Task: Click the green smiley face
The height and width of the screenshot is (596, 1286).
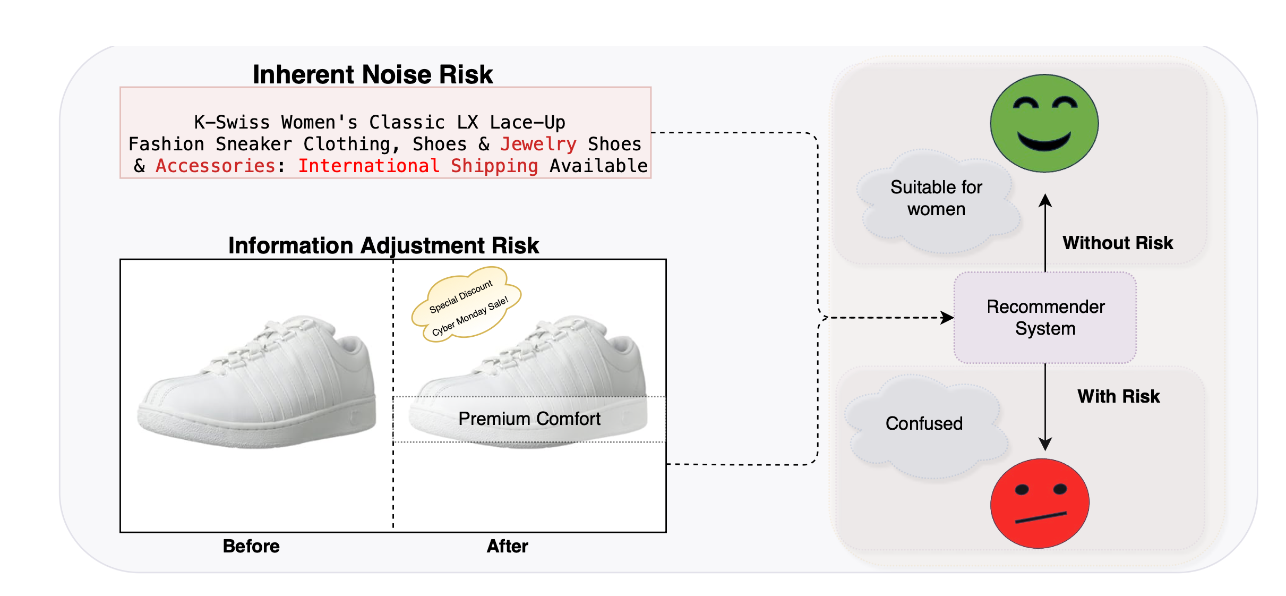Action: pos(1044,123)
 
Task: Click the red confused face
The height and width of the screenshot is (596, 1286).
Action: pos(1040,504)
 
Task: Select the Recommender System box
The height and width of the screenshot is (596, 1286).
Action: pos(1045,318)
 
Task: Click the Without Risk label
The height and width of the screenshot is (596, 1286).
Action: pos(1118,243)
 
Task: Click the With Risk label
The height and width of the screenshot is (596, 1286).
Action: pos(1118,396)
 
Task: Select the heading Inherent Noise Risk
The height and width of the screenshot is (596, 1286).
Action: pos(373,74)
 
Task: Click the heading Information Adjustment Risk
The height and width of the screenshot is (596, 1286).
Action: pos(383,245)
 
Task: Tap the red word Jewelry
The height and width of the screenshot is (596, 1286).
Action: pos(538,144)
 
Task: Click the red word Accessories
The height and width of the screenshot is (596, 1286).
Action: pos(215,166)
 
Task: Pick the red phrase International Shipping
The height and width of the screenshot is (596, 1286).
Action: pos(418,166)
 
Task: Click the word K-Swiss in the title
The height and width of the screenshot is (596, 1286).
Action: pos(232,122)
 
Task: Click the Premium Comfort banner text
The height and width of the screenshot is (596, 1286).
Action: pos(529,419)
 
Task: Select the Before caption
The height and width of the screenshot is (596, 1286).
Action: pos(251,546)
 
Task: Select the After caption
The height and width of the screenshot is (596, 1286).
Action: pos(507,546)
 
